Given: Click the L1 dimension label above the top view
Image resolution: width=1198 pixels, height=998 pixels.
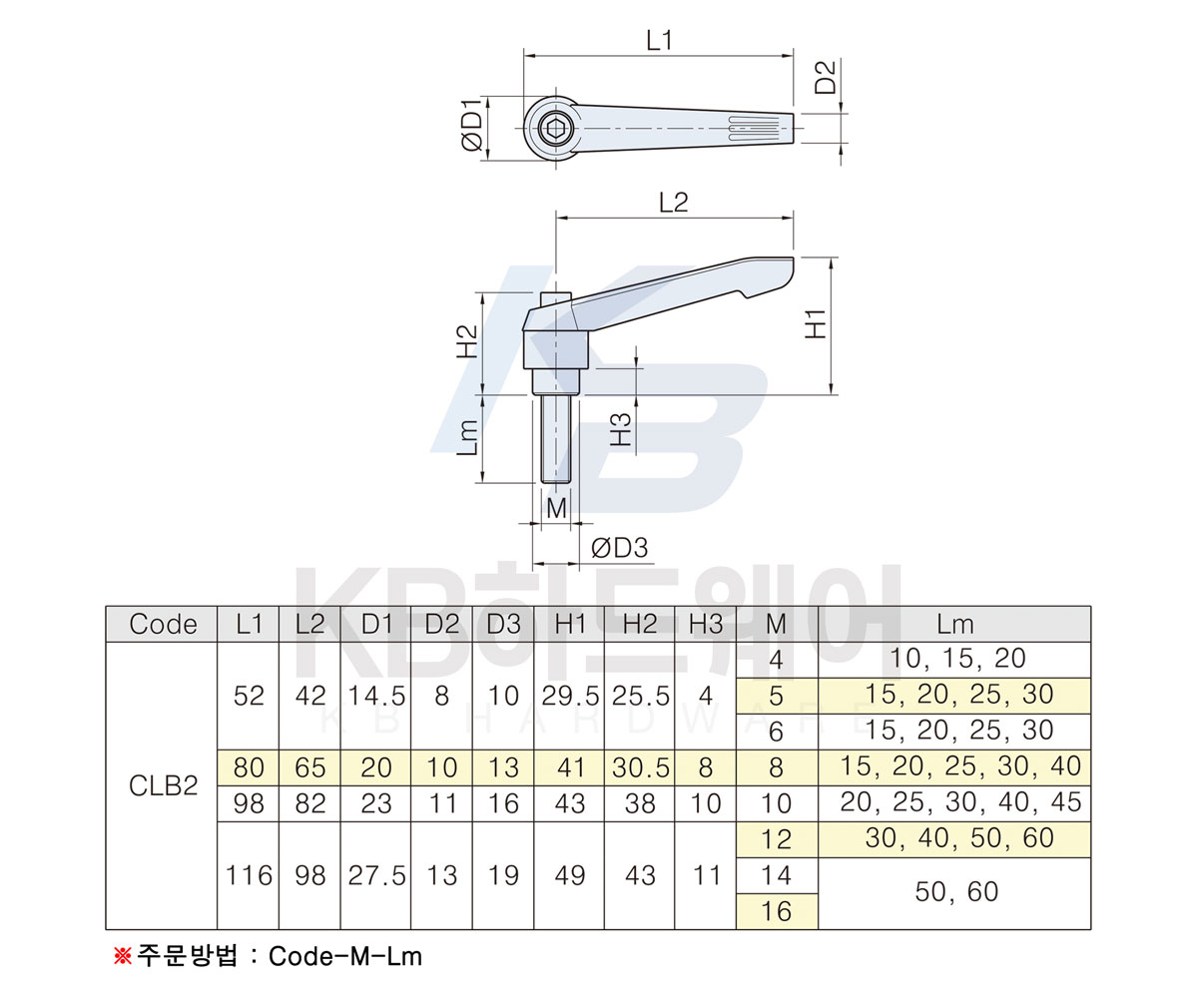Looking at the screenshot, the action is click(x=659, y=41).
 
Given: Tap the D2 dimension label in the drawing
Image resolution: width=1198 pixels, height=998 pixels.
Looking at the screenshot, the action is click(x=826, y=78).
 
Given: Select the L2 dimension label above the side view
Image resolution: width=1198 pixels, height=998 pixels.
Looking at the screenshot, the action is click(x=673, y=203).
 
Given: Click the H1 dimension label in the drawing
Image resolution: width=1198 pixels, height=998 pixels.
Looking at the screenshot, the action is click(x=816, y=324).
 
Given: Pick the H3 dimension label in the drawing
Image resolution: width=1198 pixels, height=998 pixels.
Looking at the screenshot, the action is click(x=621, y=429).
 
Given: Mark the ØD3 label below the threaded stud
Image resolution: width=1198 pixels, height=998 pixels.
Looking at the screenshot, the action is click(x=619, y=548).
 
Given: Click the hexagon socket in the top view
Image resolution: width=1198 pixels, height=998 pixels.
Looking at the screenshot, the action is click(x=555, y=129).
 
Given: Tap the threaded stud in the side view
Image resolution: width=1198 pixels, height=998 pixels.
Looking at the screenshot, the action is click(x=556, y=439).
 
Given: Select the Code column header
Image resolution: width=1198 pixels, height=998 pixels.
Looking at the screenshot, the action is click(x=163, y=624).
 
